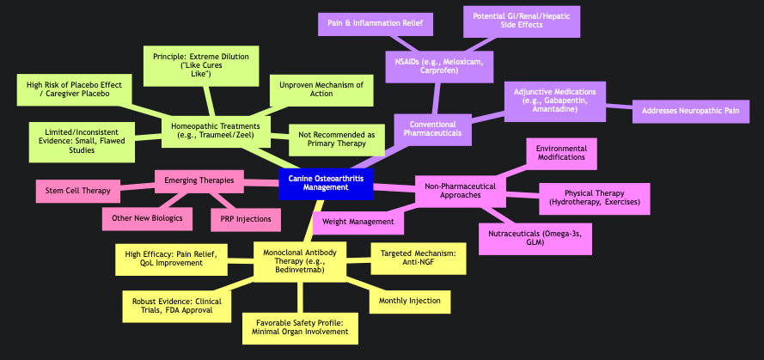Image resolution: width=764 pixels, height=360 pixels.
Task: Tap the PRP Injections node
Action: pyautogui.click(x=246, y=219)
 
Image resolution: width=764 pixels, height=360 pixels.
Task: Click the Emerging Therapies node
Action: pyautogui.click(x=199, y=180)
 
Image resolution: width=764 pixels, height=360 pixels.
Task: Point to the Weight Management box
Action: pyautogui.click(x=358, y=223)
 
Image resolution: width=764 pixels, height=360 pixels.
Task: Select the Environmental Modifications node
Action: pyautogui.click(x=561, y=153)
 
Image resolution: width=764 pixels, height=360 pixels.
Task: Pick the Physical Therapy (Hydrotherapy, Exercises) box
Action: pyautogui.click(x=594, y=198)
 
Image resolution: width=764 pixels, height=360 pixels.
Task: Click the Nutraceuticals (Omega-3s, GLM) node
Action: pyautogui.click(x=535, y=238)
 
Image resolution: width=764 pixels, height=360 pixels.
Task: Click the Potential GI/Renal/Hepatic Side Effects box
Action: pyautogui.click(x=523, y=21)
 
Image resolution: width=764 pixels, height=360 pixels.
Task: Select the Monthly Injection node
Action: pyautogui.click(x=410, y=301)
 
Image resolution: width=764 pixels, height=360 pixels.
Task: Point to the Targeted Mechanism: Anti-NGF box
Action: pyautogui.click(x=418, y=258)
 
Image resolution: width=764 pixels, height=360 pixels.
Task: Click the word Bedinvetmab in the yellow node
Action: pyautogui.click(x=301, y=270)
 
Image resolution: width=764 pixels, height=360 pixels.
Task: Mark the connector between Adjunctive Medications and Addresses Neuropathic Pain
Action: pyautogui.click(x=619, y=108)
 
